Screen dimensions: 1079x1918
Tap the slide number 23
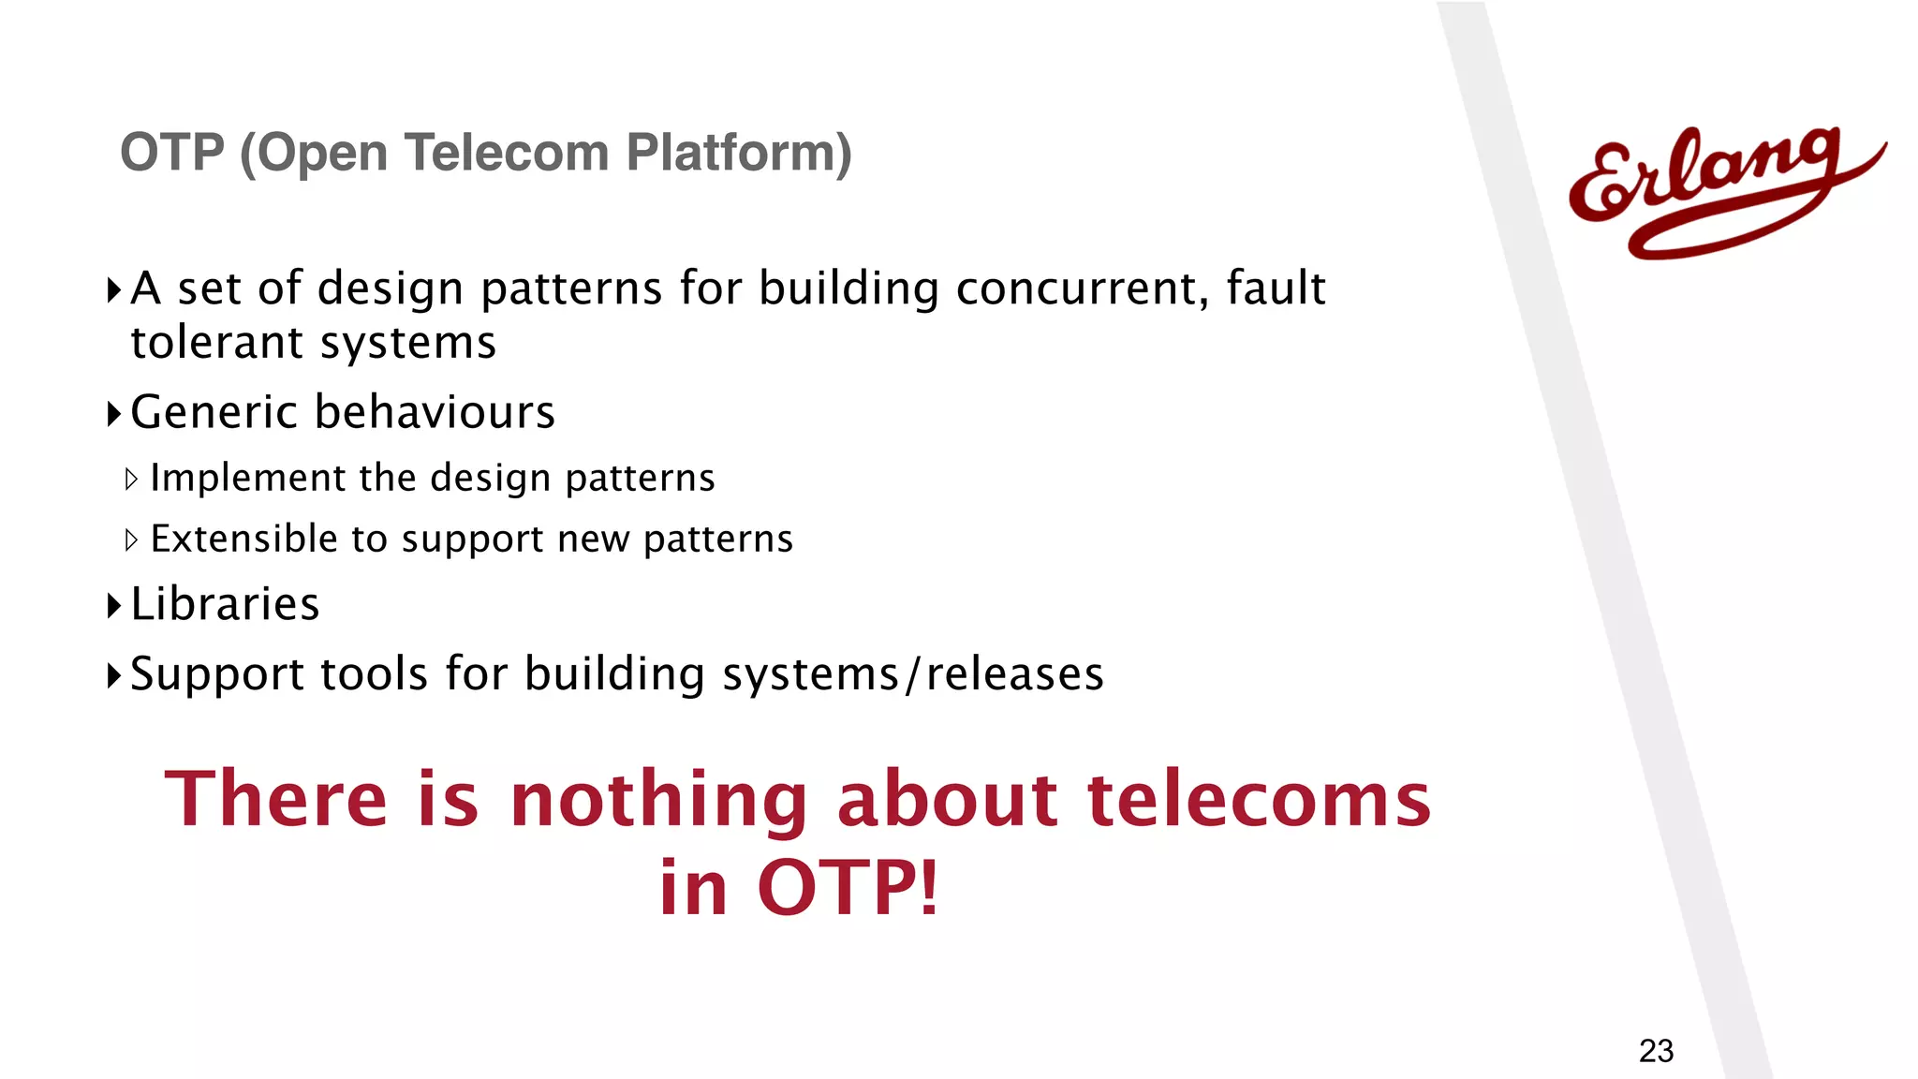point(1656,1051)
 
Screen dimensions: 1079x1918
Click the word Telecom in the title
point(506,153)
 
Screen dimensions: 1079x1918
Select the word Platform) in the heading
point(739,153)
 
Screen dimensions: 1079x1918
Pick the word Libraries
point(225,604)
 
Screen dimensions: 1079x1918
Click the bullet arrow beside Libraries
point(114,606)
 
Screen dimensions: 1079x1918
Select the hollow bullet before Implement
point(131,480)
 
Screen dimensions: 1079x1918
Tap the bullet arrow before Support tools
point(114,675)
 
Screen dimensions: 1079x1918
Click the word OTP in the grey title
point(172,153)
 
